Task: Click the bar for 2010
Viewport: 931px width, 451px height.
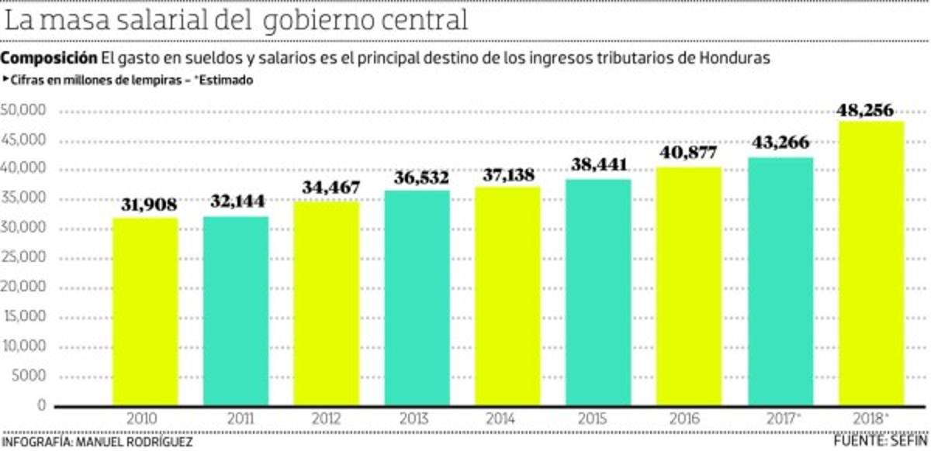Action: pos(145,312)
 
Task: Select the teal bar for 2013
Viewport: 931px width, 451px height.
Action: pos(417,298)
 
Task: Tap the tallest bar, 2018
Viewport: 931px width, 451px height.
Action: pos(871,263)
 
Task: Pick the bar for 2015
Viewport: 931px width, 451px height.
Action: pos(599,292)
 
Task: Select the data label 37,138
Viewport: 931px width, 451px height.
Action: pos(508,175)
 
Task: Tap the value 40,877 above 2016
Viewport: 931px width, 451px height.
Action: pos(690,153)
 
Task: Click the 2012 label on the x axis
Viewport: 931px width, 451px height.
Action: pos(326,418)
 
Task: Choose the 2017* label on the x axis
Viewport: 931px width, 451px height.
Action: pos(780,418)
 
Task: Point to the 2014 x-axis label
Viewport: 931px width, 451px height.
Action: pos(508,418)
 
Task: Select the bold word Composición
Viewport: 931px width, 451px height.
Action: pos(49,59)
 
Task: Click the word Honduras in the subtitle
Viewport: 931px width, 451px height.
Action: pos(734,59)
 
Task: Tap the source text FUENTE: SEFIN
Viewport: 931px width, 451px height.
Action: pos(881,441)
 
